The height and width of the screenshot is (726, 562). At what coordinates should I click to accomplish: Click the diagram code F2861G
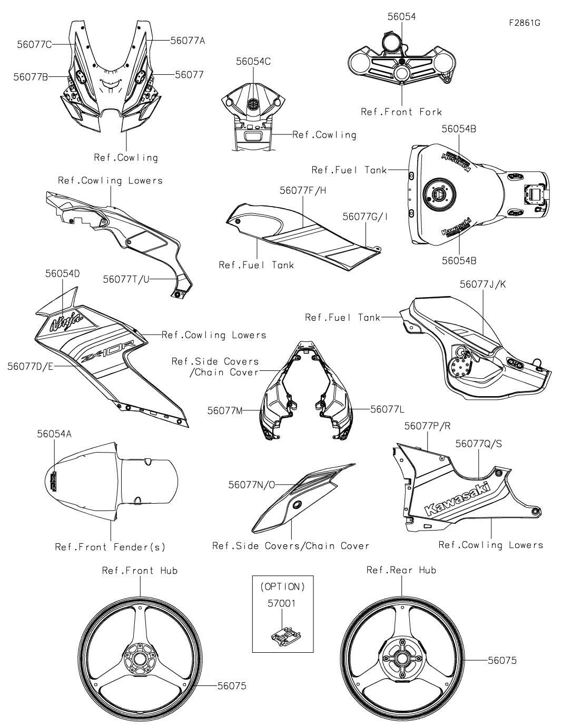[524, 23]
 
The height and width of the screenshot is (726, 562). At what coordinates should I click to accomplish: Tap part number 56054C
[253, 62]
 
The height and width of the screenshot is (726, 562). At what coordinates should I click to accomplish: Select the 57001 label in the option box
[281, 603]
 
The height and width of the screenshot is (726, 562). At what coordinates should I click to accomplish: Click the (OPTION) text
[282, 587]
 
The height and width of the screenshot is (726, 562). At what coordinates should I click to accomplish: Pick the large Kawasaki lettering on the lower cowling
[458, 499]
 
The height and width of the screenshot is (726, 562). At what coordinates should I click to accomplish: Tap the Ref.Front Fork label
[401, 112]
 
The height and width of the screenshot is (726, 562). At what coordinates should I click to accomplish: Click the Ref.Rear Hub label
[401, 570]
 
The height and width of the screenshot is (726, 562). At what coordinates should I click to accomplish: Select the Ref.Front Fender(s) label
[110, 547]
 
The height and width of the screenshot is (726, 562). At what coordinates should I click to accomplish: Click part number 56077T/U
[126, 279]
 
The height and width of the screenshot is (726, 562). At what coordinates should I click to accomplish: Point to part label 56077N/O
[251, 485]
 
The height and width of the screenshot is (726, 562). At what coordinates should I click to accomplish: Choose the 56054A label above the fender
[54, 434]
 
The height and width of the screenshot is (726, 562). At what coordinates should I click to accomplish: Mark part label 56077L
[387, 409]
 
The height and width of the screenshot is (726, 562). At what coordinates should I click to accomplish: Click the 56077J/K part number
[482, 284]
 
